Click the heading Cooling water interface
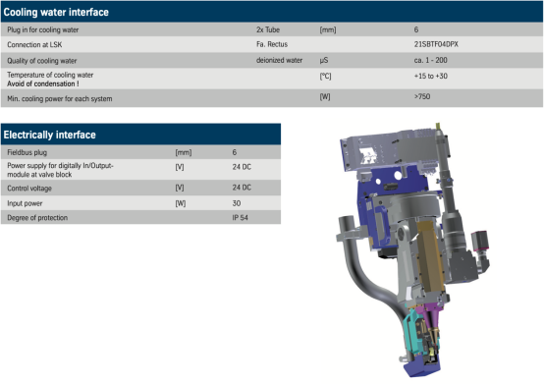point(56,12)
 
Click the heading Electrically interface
point(50,135)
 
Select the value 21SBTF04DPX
point(436,44)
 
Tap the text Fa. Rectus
point(272,44)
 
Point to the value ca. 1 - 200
point(430,60)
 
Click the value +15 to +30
point(430,76)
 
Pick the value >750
point(422,96)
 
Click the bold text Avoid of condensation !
point(43,83)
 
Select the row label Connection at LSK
point(34,45)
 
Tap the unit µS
point(324,61)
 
